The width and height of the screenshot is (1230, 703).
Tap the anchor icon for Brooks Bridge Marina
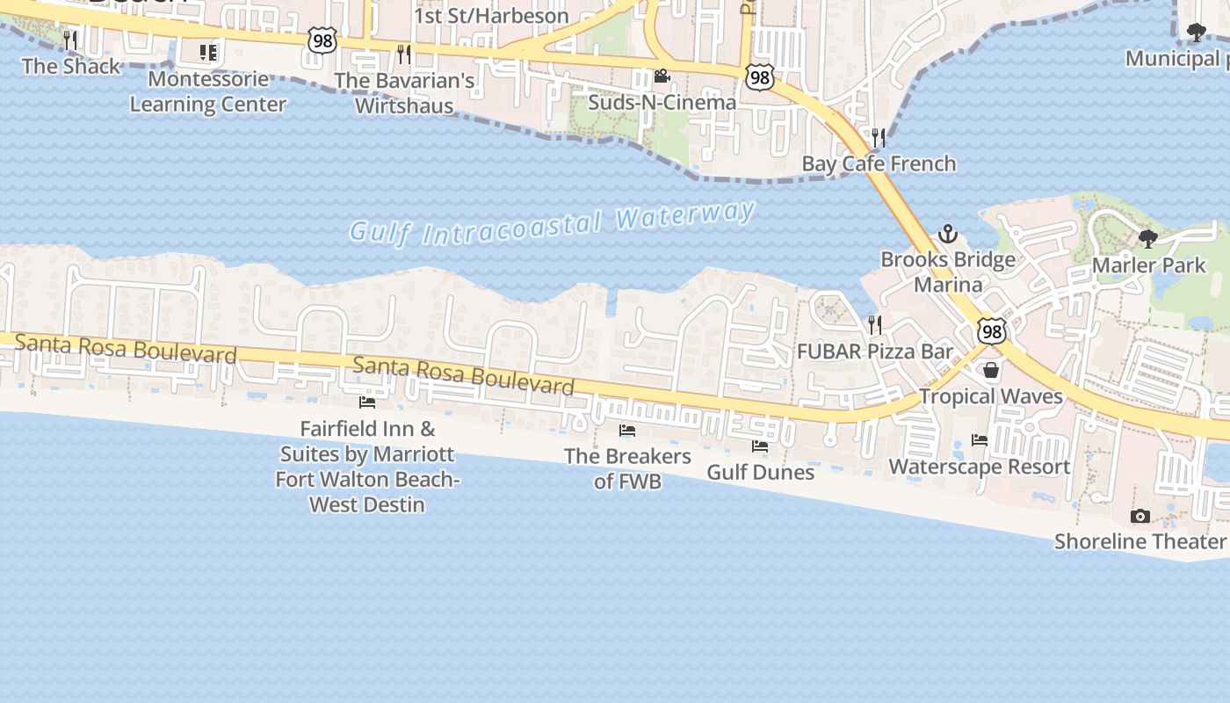[947, 234]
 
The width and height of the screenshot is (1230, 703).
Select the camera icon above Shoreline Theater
[1140, 516]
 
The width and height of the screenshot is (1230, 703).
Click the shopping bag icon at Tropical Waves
[991, 370]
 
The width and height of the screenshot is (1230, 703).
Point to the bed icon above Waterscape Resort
[979, 440]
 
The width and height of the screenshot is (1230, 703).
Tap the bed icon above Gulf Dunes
[760, 446]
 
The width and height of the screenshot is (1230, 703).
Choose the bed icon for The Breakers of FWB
[627, 431]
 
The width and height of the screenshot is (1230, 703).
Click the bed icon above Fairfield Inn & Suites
[367, 402]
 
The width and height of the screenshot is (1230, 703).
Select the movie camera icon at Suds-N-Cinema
[662, 76]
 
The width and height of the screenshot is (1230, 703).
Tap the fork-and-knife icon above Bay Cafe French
[877, 137]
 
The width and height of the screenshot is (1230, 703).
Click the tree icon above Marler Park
[1147, 238]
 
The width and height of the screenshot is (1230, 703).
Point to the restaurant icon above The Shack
[70, 40]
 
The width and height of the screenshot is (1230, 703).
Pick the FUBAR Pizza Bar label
[874, 351]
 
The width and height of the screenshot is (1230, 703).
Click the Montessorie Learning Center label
[208, 91]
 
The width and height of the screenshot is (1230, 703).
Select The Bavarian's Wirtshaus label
[404, 93]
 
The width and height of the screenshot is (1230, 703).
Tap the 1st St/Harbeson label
[491, 16]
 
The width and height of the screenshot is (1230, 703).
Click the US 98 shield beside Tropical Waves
[992, 331]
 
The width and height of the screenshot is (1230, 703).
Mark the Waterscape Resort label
[980, 467]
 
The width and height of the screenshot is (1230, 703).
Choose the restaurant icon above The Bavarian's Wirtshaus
[403, 54]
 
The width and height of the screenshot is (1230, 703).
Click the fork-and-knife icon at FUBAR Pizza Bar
[874, 325]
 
